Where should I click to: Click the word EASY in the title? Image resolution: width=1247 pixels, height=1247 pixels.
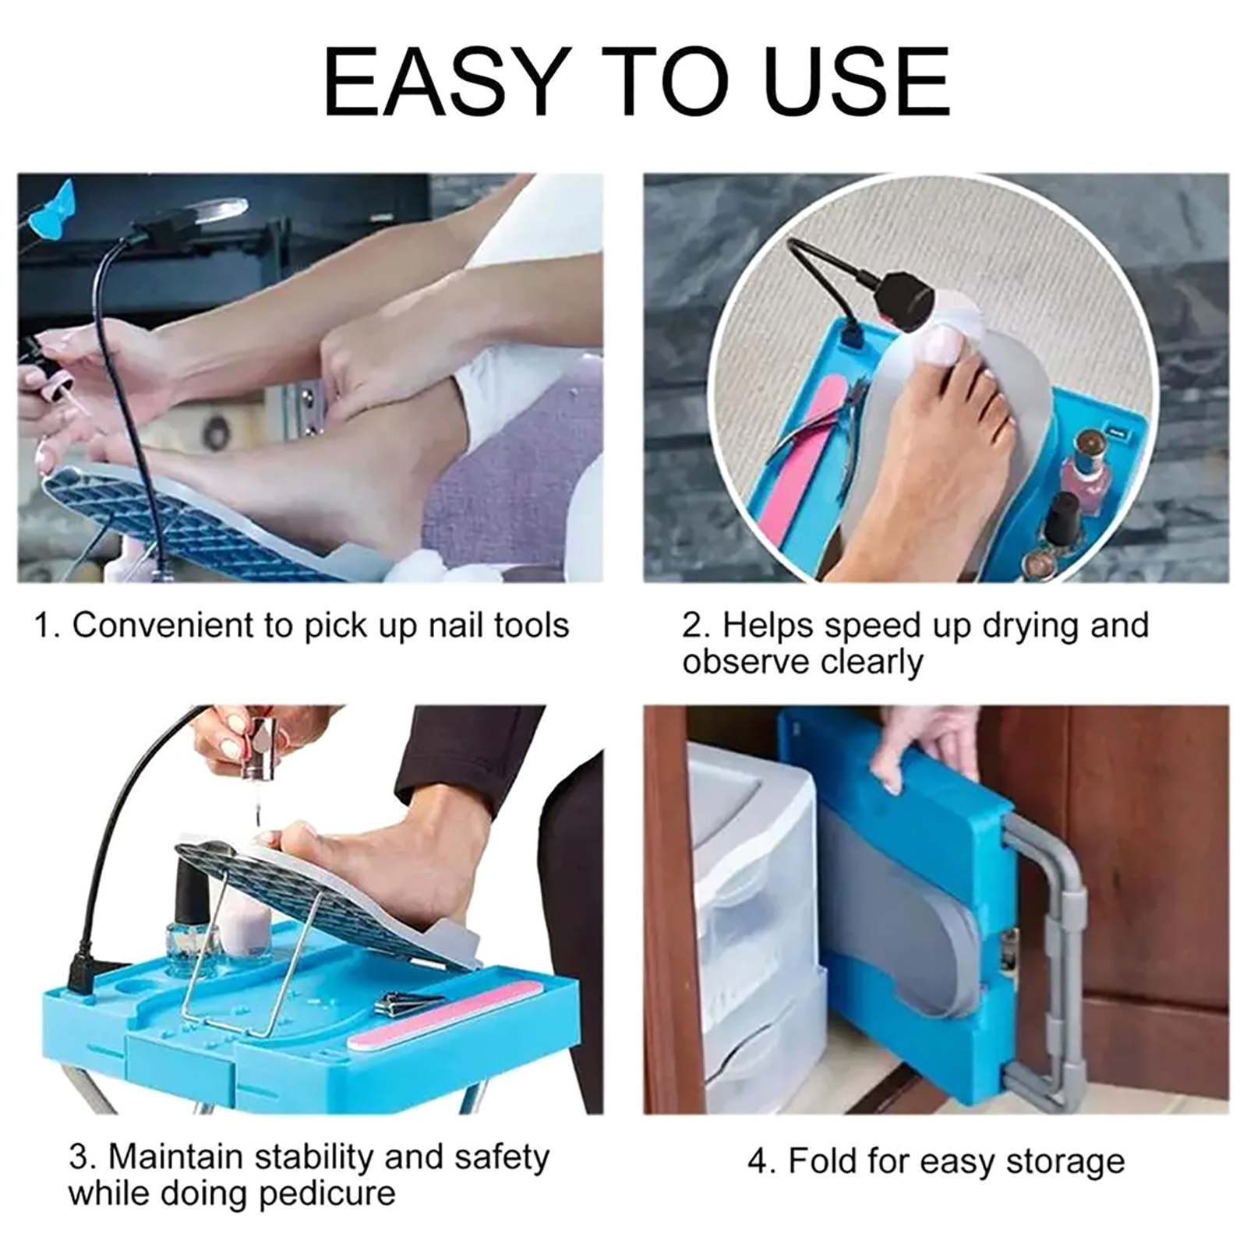443,82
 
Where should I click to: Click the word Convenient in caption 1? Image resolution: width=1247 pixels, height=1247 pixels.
183,625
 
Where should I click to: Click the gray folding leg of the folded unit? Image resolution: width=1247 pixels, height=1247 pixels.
1044,959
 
